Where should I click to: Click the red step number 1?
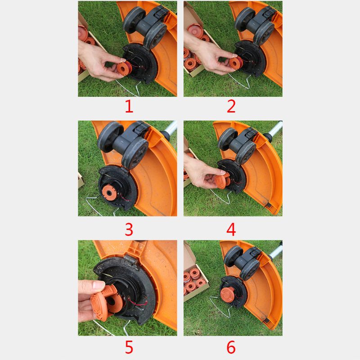tap(129, 107)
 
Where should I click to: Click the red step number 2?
tap(231, 107)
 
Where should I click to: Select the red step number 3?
tap(129, 229)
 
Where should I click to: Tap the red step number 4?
tap(231, 229)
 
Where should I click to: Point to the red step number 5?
tap(129, 347)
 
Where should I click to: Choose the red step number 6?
tap(231, 347)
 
